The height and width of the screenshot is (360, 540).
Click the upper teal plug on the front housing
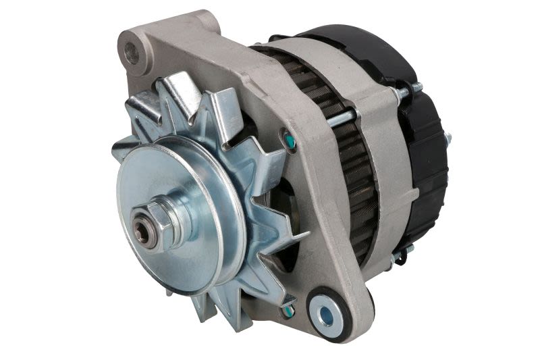(289, 140)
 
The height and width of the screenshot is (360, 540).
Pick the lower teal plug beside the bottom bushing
(289, 310)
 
